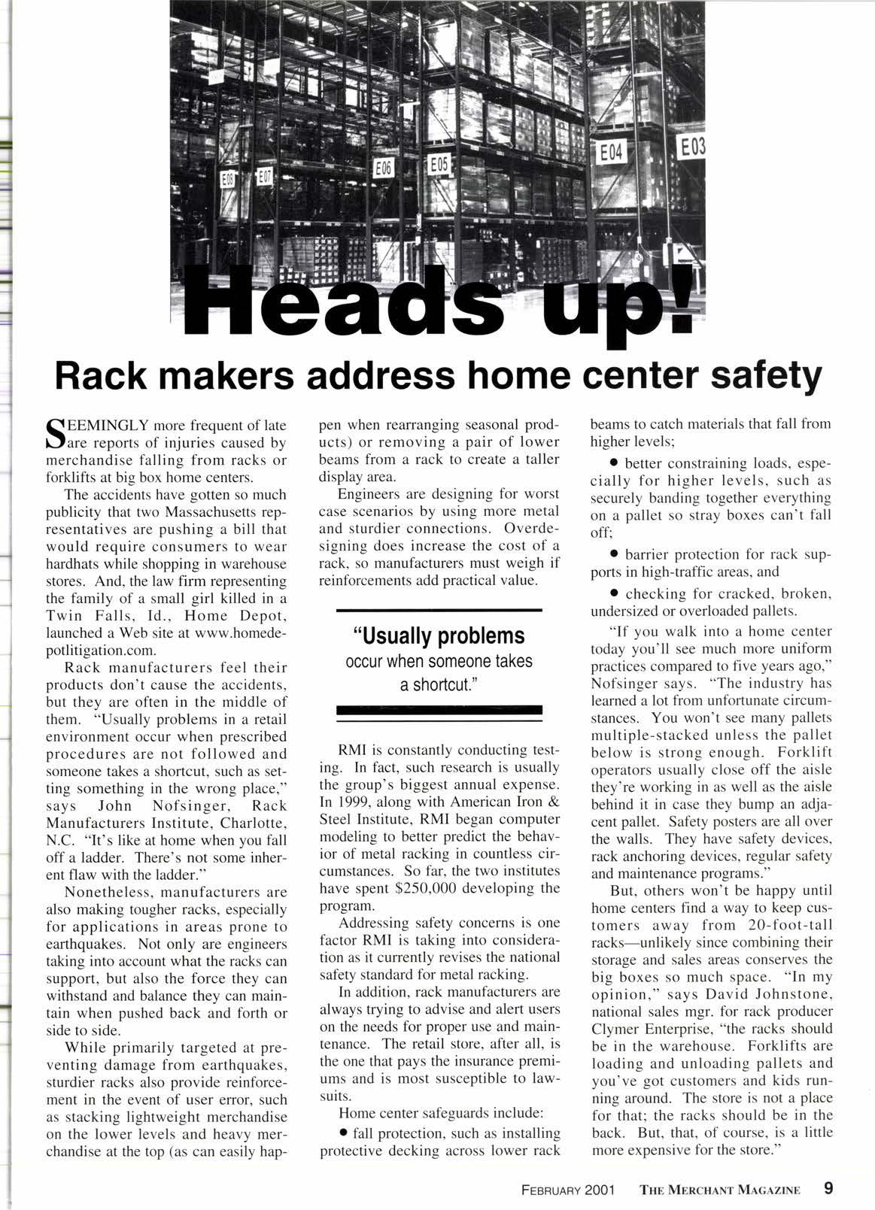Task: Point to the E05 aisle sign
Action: click(x=439, y=163)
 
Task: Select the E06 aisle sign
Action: click(x=384, y=169)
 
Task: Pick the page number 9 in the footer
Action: click(x=828, y=1188)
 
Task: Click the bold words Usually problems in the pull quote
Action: click(x=439, y=636)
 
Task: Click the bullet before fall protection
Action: click(x=343, y=1132)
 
